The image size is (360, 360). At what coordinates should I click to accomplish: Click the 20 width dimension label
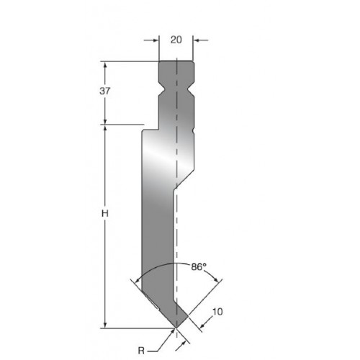(x=176, y=40)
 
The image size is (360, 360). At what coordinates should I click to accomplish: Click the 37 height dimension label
(x=105, y=91)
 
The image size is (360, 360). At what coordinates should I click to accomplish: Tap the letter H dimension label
(x=105, y=213)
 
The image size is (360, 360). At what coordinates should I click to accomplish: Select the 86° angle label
(x=199, y=266)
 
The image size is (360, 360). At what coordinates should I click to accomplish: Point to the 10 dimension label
(x=217, y=312)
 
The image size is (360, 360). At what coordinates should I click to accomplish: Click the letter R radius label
(x=141, y=351)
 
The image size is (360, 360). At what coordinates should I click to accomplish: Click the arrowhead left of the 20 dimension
(x=156, y=40)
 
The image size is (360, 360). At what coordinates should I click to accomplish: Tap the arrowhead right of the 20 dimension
(x=197, y=40)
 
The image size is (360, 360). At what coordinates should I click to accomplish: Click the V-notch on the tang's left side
(x=161, y=90)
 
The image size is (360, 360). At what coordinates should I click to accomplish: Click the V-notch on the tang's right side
(x=191, y=90)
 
